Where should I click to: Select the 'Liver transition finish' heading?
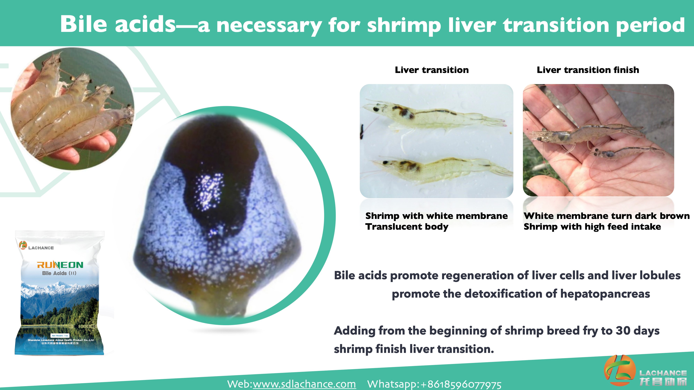tap(588, 70)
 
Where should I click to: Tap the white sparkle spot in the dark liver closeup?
tap(209, 188)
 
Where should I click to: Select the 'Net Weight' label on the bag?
tap(60, 336)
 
